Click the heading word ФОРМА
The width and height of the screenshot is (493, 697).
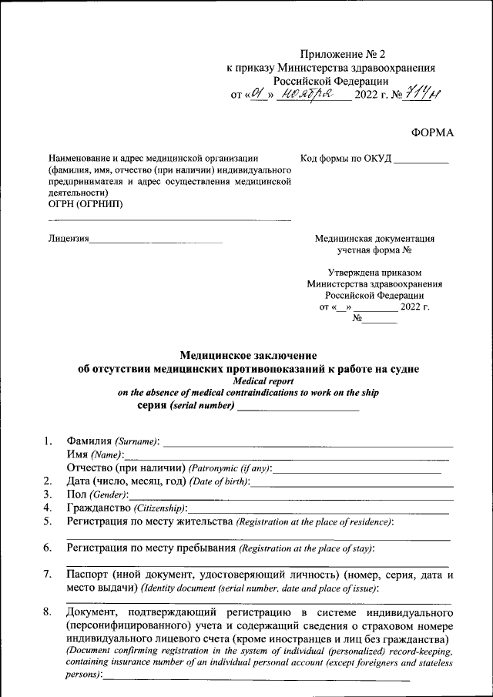[432, 132]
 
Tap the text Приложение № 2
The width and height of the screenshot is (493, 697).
[341, 54]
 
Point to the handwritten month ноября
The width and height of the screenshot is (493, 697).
[307, 95]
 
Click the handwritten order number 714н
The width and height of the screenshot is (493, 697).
[421, 94]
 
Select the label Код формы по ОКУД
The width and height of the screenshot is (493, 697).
[346, 159]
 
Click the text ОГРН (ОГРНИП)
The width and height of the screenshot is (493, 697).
[85, 204]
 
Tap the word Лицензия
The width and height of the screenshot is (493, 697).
[68, 239]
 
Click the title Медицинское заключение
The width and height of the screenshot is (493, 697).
[248, 355]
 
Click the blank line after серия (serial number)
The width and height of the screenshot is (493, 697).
[297, 408]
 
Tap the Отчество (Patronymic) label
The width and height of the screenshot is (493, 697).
[169, 468]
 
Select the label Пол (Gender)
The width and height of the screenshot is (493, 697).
[96, 494]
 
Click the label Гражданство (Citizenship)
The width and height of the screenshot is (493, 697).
[126, 508]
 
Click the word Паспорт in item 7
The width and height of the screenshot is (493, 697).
[86, 575]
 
